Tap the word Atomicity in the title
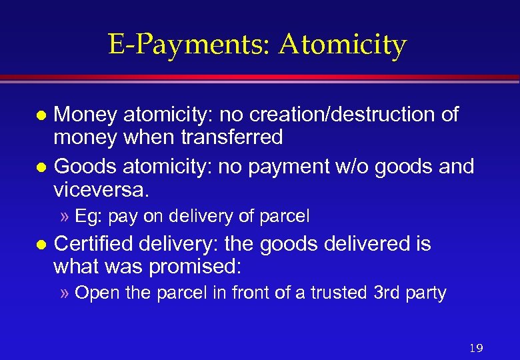point(343,45)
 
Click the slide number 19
point(475,348)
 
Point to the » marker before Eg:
point(66,217)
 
